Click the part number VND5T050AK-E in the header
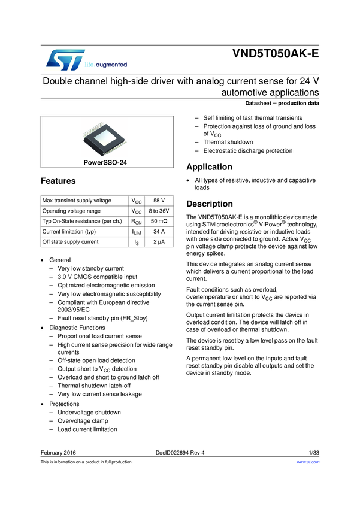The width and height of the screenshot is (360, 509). coord(276,54)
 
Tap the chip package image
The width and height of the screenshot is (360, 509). coord(105,137)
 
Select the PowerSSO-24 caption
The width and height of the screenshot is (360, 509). coord(105,162)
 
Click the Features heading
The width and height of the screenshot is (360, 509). coord(58,181)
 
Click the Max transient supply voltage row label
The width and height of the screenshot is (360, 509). coord(77,201)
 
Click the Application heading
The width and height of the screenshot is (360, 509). coord(210,167)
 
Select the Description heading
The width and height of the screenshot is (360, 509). coord(210,204)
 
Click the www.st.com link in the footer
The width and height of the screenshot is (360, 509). coord(308,462)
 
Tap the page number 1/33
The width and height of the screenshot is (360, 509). coord(313,452)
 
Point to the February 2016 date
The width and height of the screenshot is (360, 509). coord(58,452)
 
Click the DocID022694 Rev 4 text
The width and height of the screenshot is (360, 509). coord(180,452)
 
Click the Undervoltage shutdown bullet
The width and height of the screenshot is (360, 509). coord(89,413)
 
